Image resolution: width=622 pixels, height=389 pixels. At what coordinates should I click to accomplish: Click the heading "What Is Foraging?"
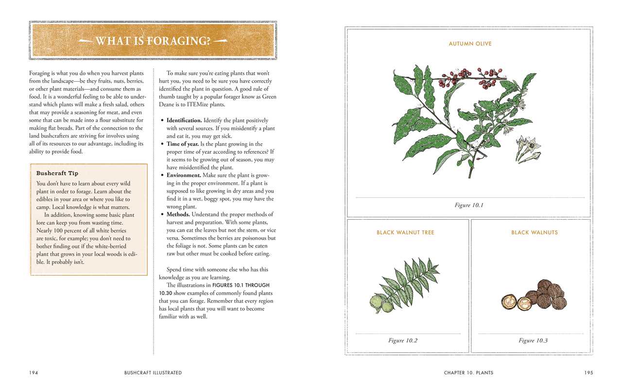click(x=153, y=41)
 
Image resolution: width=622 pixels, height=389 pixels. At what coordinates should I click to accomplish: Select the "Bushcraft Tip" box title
click(x=57, y=173)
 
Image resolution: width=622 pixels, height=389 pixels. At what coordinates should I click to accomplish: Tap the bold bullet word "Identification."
click(x=184, y=121)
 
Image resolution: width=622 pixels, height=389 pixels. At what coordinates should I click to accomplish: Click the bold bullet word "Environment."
click(x=184, y=176)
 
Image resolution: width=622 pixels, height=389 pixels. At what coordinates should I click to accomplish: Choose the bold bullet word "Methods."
click(x=178, y=214)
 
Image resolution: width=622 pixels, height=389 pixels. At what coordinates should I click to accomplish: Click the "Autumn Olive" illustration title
click(x=470, y=44)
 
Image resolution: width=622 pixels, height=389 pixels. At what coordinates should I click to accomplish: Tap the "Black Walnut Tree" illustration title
click(x=405, y=232)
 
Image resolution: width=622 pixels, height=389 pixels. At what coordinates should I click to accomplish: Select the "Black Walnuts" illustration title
click(x=534, y=232)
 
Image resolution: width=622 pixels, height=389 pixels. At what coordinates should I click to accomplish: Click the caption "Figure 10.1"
click(x=469, y=205)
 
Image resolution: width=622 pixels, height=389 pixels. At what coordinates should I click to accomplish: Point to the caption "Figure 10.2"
click(x=403, y=340)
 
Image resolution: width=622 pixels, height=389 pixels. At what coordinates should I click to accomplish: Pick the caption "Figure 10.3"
click(x=533, y=340)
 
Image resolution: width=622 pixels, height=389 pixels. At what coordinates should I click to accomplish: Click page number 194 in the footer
click(x=34, y=373)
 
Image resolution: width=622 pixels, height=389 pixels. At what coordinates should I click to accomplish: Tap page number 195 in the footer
click(x=588, y=373)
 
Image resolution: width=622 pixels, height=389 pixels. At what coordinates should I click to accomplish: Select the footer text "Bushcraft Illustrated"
click(x=153, y=373)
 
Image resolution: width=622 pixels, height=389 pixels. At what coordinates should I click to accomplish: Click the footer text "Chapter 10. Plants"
click(x=468, y=373)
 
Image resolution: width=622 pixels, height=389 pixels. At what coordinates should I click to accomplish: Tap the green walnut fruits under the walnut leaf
click(x=381, y=303)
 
